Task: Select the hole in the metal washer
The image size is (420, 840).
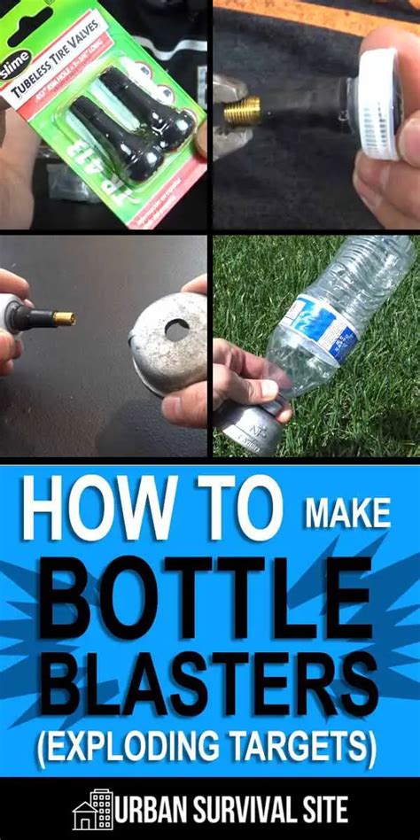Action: coord(176,330)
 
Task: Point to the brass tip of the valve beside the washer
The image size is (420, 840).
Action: coord(64,318)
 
